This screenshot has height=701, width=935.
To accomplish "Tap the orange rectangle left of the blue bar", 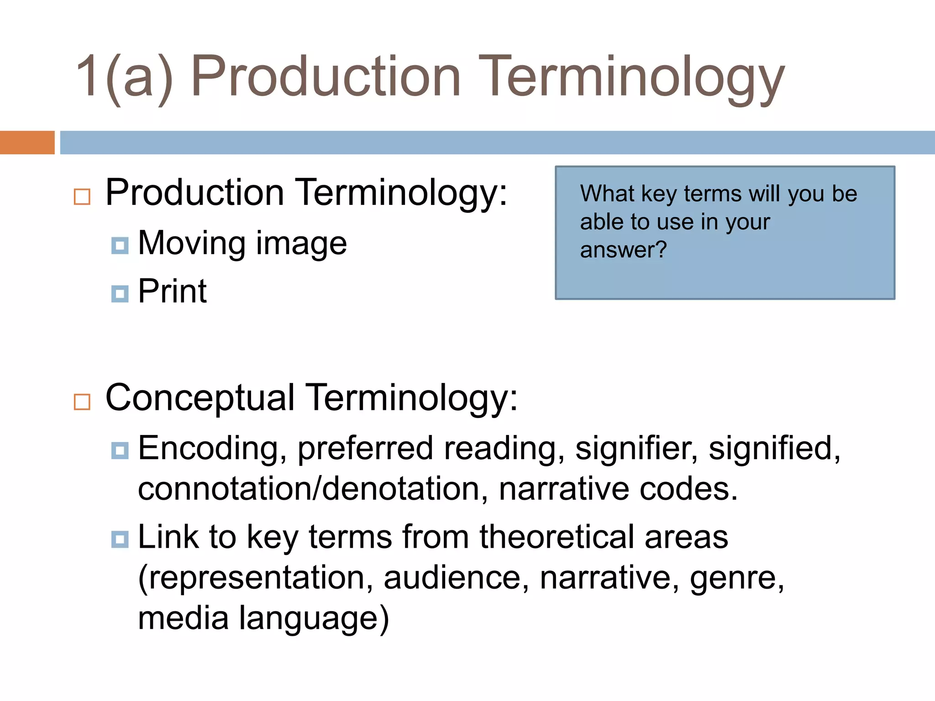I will click(x=27, y=142).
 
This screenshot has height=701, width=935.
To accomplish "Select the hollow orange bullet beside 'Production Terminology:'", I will click(x=82, y=197).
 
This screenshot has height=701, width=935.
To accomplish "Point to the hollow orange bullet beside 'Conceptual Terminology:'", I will click(x=82, y=402).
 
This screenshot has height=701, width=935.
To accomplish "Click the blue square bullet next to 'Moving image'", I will click(x=120, y=246).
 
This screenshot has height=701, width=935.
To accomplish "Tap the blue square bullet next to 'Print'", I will click(x=120, y=294).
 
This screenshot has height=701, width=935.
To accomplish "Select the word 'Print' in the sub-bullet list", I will click(x=172, y=291).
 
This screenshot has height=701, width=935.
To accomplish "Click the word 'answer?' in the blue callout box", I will click(x=623, y=250).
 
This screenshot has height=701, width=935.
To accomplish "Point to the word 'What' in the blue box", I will click(x=607, y=194).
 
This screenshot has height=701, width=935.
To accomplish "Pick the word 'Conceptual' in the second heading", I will click(x=200, y=398).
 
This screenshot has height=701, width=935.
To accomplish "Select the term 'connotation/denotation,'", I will click(x=313, y=489).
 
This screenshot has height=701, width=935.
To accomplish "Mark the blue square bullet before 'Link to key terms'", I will click(x=120, y=539).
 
